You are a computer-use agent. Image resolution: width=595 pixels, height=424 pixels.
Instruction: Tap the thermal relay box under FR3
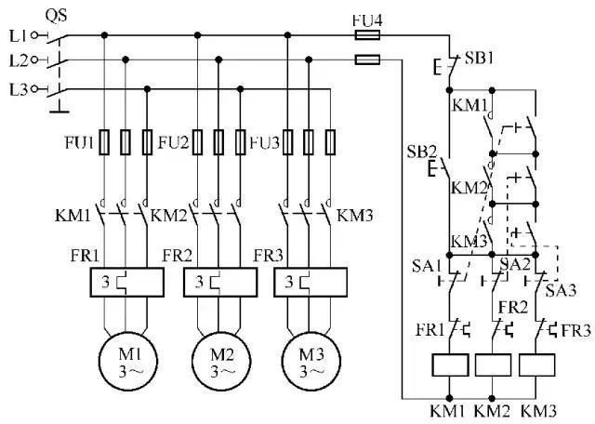(x=309, y=283)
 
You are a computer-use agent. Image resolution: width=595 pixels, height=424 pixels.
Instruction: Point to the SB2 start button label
(x=422, y=151)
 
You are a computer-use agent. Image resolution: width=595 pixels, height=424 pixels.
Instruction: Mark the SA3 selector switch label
(x=560, y=290)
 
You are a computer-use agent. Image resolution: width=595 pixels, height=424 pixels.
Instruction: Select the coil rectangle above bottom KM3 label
(x=537, y=364)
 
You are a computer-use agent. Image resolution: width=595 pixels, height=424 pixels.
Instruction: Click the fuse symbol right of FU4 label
(x=368, y=35)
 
